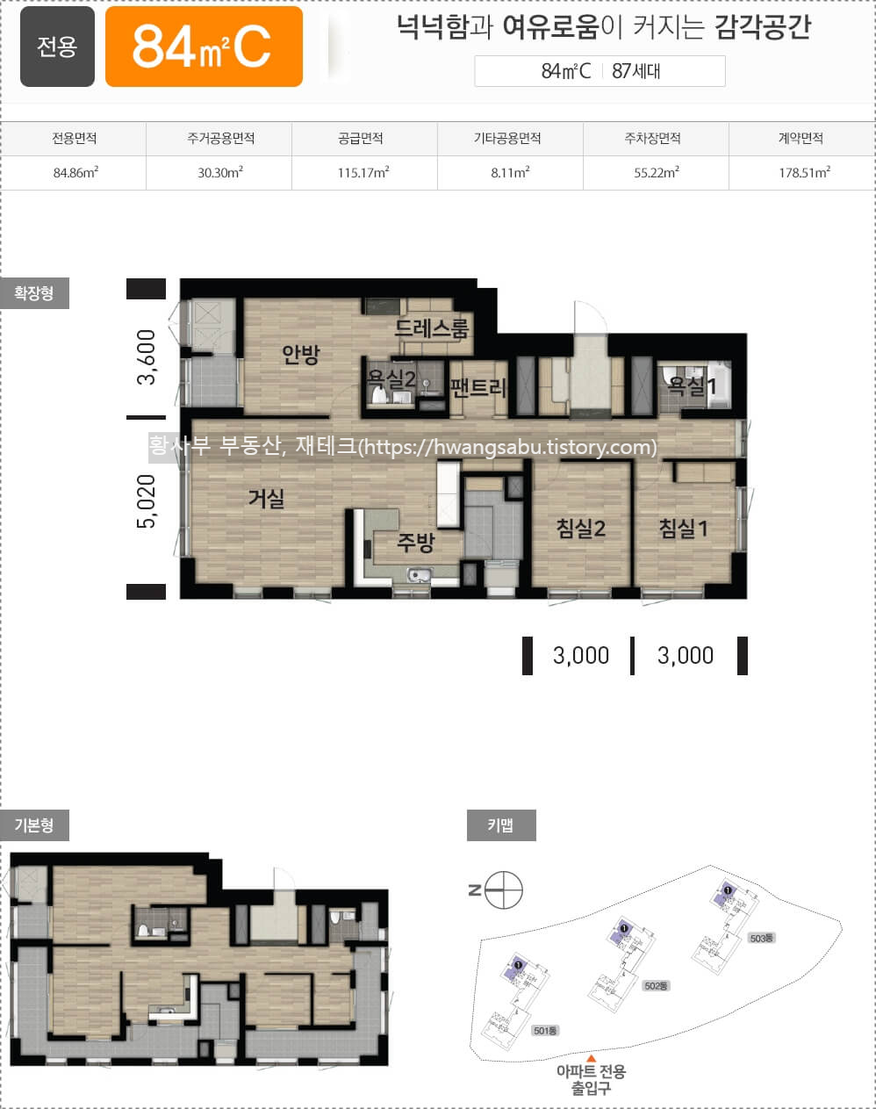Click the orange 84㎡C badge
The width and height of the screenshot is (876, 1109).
(x=204, y=47)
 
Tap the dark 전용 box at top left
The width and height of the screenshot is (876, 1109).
(x=57, y=47)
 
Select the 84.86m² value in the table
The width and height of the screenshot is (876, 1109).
(x=75, y=173)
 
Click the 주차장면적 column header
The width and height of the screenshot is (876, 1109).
(x=653, y=138)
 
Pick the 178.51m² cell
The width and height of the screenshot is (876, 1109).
(x=804, y=173)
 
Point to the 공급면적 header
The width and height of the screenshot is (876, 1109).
(x=361, y=138)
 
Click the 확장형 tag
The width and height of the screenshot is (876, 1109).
(x=34, y=293)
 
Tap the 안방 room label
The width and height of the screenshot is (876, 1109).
(x=301, y=354)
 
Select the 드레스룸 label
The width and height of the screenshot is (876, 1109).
(x=432, y=328)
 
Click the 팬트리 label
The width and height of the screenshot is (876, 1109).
(x=478, y=387)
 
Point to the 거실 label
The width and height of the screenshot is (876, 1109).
(x=267, y=498)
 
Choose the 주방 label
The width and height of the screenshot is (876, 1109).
(x=416, y=542)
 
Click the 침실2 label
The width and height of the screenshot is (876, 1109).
(x=581, y=529)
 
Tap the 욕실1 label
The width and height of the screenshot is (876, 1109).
(x=692, y=385)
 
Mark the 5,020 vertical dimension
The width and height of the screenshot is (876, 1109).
(x=147, y=500)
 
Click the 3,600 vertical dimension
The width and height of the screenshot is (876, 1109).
(x=147, y=357)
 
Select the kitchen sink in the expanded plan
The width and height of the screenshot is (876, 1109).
(x=418, y=574)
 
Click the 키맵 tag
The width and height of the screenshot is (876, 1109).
(x=501, y=825)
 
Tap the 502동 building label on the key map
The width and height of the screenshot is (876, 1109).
(x=656, y=986)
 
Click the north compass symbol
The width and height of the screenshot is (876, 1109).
(x=504, y=890)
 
